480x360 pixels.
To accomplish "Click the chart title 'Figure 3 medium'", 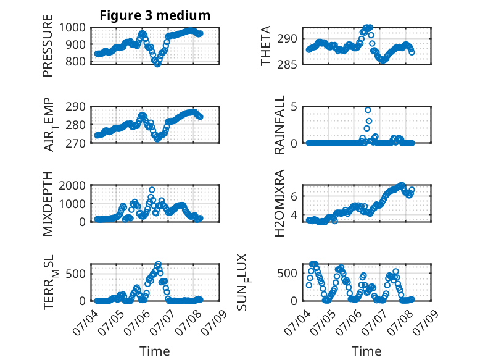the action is click(155, 15).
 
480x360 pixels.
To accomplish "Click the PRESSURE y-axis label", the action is click(48, 46).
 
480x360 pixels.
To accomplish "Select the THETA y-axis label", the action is click(266, 46).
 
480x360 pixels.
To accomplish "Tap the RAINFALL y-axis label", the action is click(279, 125).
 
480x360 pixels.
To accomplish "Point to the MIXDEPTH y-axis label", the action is click(48, 204).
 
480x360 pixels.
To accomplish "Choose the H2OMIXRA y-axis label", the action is click(279, 203).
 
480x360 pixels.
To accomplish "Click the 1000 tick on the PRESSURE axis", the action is click(72, 28).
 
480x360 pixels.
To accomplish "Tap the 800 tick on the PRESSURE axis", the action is click(76, 61).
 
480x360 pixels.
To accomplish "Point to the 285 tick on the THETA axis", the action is click(287, 65).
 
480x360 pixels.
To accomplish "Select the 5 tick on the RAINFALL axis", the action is click(294, 107).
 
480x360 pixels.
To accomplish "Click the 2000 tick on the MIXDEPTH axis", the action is click(72, 185).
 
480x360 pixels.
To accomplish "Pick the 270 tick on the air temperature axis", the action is click(76, 143).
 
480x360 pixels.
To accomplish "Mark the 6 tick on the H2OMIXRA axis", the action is click(294, 196).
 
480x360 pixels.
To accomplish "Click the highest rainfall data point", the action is click(368, 110).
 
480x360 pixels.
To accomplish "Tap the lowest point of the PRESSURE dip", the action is click(157, 64).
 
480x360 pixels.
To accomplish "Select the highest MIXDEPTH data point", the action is click(152, 190).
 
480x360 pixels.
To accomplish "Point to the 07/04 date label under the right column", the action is click(297, 322).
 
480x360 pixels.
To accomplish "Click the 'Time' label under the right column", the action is click(366, 351).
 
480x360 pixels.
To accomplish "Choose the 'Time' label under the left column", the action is click(155, 351).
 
